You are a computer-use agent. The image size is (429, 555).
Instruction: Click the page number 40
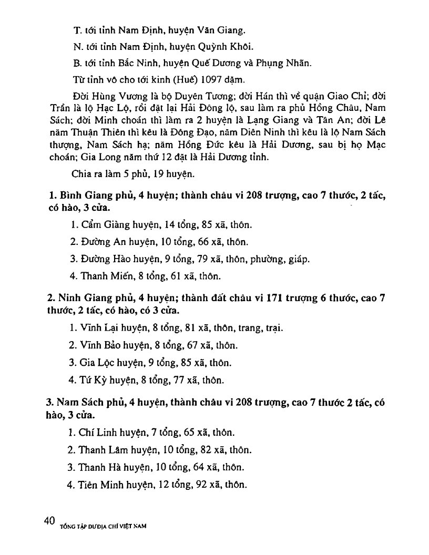pyautogui.click(x=50, y=521)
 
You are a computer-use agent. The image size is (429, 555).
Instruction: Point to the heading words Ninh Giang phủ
pyautogui.click(x=93, y=298)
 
